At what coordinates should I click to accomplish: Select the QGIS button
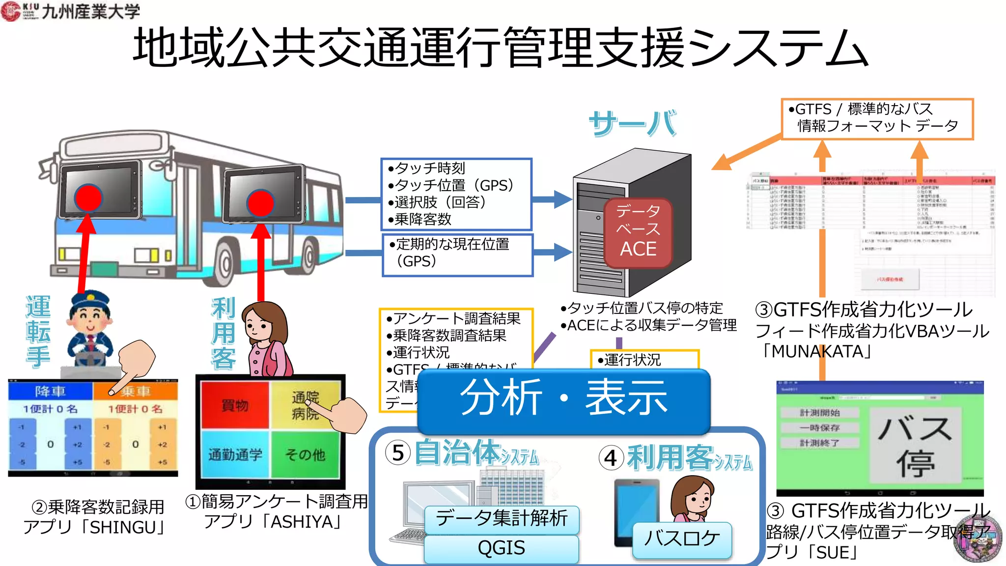pos(501,548)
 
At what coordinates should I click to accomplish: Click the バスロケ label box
pos(682,539)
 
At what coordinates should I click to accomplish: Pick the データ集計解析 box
pos(501,519)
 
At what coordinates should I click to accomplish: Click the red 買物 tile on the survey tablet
pos(235,405)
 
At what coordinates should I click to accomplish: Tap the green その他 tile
pos(305,454)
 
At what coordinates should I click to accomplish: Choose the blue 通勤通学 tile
pos(235,454)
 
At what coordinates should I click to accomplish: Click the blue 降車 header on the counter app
pos(51,391)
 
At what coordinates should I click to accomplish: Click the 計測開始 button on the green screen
pos(820,413)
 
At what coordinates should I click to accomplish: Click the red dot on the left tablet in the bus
pos(88,198)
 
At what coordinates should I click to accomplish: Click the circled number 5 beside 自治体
pos(398,453)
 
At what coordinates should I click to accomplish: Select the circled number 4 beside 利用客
pos(611,458)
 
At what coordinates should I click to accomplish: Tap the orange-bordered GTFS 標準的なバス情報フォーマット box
pos(877,118)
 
